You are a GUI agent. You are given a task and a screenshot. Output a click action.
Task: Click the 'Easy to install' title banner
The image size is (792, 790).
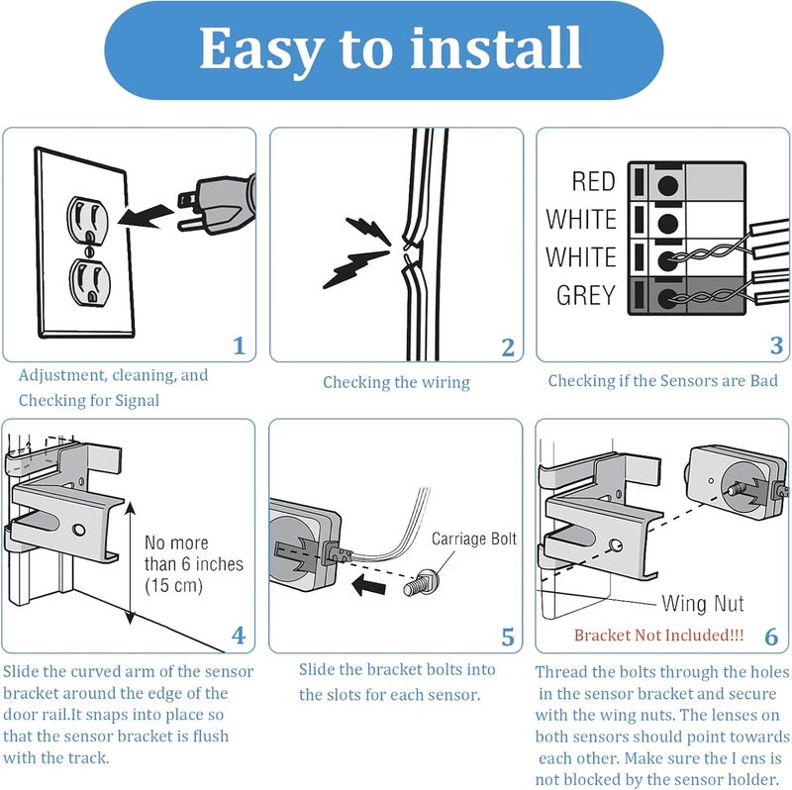coord(384,49)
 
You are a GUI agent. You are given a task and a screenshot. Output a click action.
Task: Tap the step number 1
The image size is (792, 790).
coord(239,346)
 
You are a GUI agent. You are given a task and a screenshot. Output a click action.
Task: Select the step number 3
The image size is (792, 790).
coord(776,346)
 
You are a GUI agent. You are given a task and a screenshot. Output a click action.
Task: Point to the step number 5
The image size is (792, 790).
coord(508,637)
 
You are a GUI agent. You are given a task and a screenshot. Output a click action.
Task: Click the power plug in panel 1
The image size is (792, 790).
coord(216,205)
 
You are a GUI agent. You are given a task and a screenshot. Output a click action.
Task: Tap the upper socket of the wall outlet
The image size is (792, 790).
coord(87,216)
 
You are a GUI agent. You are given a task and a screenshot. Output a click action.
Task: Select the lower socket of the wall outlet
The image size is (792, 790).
coord(90,282)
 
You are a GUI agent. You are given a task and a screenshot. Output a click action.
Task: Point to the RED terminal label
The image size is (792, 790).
coord(593,181)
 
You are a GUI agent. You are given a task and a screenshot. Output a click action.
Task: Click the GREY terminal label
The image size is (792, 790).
coord(586,295)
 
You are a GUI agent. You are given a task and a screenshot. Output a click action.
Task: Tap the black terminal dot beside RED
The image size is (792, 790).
coord(667,185)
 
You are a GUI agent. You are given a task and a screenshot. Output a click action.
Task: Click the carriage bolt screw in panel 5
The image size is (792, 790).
coord(422,583)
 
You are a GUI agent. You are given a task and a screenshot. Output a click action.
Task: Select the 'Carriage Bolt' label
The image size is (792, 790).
coord(474,539)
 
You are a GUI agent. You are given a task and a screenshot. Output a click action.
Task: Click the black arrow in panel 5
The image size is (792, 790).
coord(368,585)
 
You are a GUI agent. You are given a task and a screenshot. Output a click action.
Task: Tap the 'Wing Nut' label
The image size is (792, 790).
coord(703,604)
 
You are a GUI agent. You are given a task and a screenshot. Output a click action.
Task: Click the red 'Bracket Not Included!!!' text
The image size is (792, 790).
coord(659,635)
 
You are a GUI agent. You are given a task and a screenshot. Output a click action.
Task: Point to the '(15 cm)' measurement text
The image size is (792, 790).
coord(174,585)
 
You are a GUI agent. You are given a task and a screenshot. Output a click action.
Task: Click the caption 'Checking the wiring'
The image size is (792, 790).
coord(397,382)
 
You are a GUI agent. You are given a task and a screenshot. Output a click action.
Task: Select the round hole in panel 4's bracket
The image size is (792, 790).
coord(79,530)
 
